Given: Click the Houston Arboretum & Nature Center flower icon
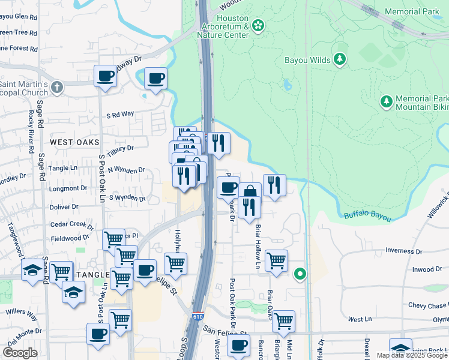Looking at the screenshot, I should (258, 25).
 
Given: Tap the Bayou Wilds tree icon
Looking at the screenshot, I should (340, 59).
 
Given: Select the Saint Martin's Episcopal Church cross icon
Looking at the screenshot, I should (57, 88).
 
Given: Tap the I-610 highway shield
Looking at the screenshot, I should (198, 316).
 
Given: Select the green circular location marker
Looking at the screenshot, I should (300, 275).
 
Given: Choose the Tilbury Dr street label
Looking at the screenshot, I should (121, 148).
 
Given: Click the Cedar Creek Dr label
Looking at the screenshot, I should (73, 225).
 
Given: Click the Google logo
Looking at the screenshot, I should (20, 353).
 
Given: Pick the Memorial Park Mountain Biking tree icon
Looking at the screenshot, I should (385, 102).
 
